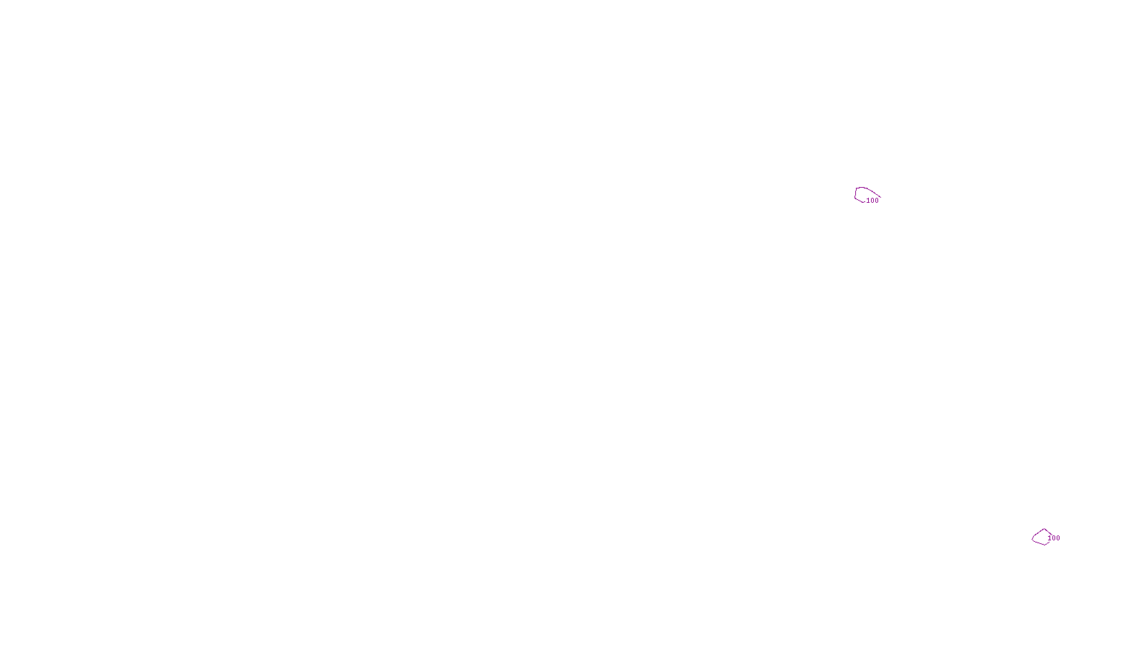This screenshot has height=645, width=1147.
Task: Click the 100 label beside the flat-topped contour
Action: click(872, 201)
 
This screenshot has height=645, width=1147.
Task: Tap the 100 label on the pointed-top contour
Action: click(1054, 538)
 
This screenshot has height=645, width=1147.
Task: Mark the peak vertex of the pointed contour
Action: click(1043, 529)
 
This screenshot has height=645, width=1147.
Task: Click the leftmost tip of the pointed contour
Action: click(1032, 538)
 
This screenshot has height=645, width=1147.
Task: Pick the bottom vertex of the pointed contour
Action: click(1044, 545)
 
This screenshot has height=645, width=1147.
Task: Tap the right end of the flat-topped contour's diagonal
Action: click(880, 197)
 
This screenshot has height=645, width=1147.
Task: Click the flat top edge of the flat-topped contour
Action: click(861, 188)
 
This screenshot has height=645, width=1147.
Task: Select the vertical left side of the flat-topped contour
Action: click(855, 193)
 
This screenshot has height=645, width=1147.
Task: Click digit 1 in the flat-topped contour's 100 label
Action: click(868, 201)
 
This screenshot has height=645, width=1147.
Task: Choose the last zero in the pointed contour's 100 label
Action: click(1058, 538)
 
